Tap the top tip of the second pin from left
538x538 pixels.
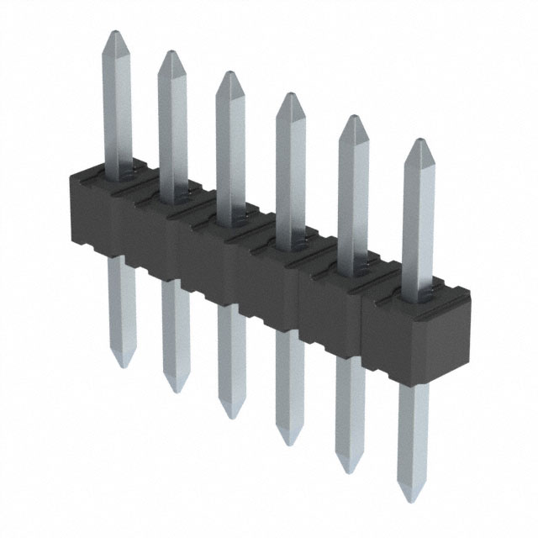[x=171, y=52]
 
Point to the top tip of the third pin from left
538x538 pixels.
[x=227, y=73]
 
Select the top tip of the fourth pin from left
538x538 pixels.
[x=289, y=94]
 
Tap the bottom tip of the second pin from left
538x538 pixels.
[x=175, y=392]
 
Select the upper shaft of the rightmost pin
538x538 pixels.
[x=419, y=219]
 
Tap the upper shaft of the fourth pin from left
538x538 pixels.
[x=290, y=168]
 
